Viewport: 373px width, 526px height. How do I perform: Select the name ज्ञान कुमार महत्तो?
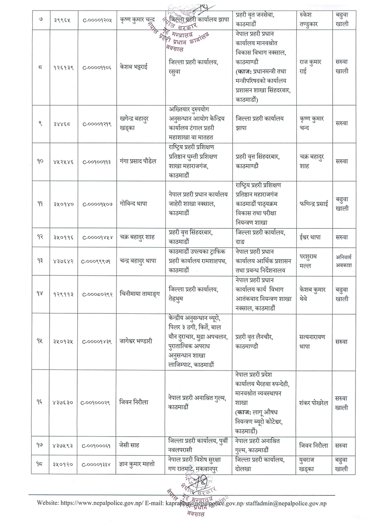click(140, 465)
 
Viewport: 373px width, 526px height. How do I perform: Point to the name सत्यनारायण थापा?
click(313, 341)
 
